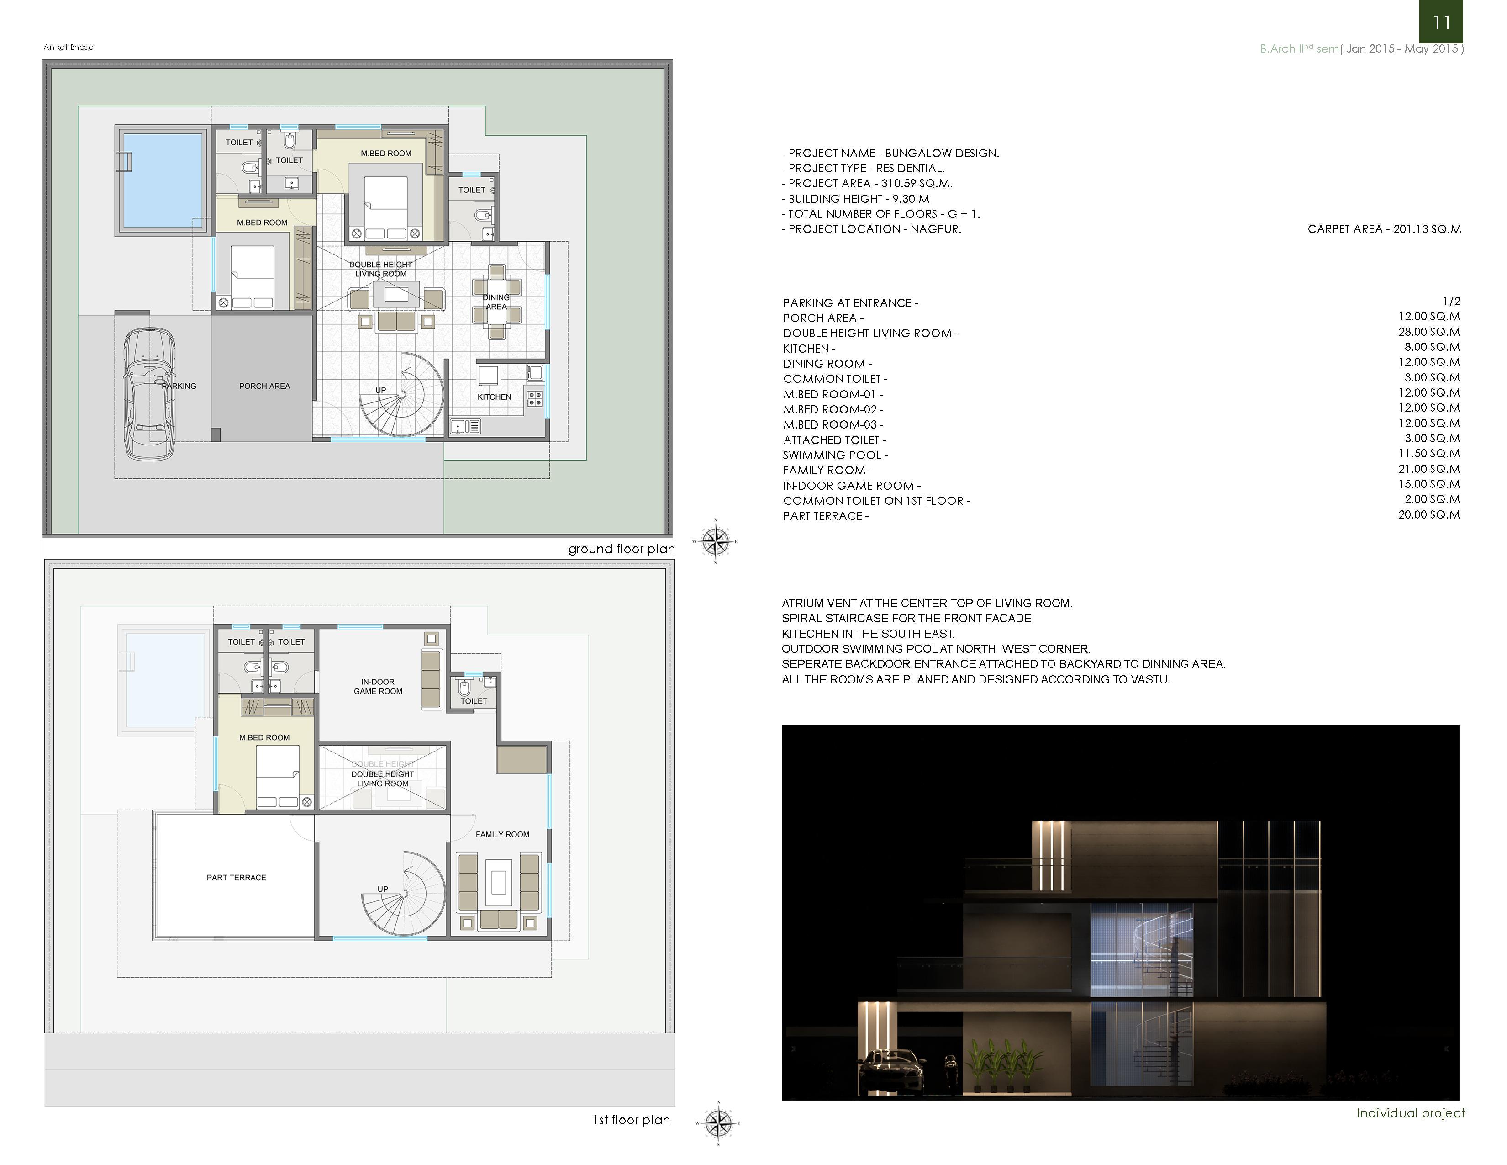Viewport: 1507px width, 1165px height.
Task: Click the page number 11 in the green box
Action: pos(1441,23)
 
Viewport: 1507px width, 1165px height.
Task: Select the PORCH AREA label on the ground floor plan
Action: pos(264,386)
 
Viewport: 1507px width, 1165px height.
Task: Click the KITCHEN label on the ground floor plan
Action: pos(494,397)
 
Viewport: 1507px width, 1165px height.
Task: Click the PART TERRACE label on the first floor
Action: pos(236,877)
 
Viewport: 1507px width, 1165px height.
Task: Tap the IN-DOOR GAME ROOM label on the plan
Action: pos(378,686)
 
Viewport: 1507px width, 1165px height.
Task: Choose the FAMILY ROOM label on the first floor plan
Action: pos(502,834)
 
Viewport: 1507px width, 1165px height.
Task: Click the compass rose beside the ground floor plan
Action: pos(716,540)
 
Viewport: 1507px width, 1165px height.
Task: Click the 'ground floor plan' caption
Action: pos(622,549)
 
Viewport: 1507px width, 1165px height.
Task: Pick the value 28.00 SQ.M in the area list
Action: pos(1429,332)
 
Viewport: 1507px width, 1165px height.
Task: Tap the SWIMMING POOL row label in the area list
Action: pos(835,455)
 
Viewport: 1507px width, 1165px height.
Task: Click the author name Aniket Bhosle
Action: pos(68,47)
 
